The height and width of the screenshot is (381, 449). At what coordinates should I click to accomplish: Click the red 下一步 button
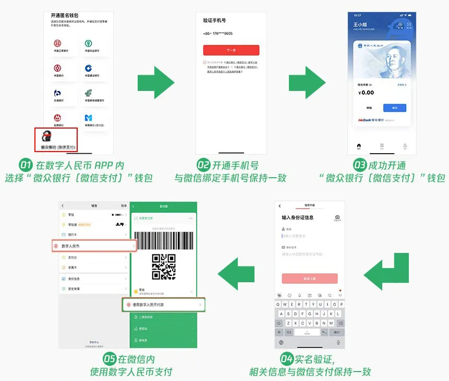[231, 50]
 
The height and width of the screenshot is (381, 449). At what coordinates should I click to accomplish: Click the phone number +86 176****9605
[217, 33]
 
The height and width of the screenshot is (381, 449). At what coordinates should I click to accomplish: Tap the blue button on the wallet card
[394, 108]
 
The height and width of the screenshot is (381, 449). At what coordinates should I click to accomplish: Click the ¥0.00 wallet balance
[367, 93]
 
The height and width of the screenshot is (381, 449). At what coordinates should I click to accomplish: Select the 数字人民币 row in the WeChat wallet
[94, 246]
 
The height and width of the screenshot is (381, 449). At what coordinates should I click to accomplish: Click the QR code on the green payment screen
[163, 267]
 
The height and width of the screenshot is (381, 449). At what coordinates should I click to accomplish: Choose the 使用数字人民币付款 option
[163, 304]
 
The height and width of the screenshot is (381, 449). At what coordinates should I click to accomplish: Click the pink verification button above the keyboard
[310, 279]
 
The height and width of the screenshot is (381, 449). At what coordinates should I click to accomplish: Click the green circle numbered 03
[360, 166]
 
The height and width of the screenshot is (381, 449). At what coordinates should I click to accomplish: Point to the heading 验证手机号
[217, 20]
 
